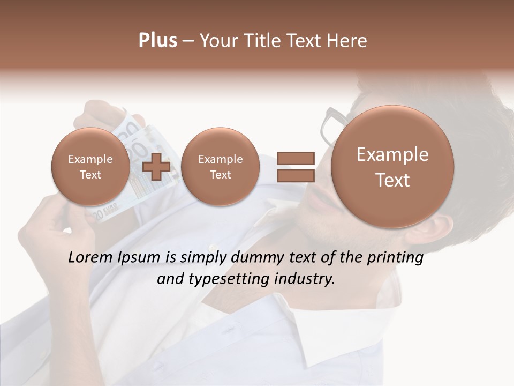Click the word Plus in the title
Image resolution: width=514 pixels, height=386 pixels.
coord(157,41)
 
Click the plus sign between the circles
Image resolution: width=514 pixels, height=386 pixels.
coord(156,166)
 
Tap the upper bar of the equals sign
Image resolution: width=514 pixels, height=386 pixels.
coord(296,158)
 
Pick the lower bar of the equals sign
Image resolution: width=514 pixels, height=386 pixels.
coord(296,175)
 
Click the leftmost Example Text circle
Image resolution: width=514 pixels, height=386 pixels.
coord(90,167)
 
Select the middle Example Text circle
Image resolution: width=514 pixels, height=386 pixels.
coord(220,167)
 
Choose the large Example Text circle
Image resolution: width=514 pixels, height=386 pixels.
coord(392,167)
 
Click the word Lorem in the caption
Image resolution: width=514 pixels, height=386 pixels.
coord(90,258)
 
